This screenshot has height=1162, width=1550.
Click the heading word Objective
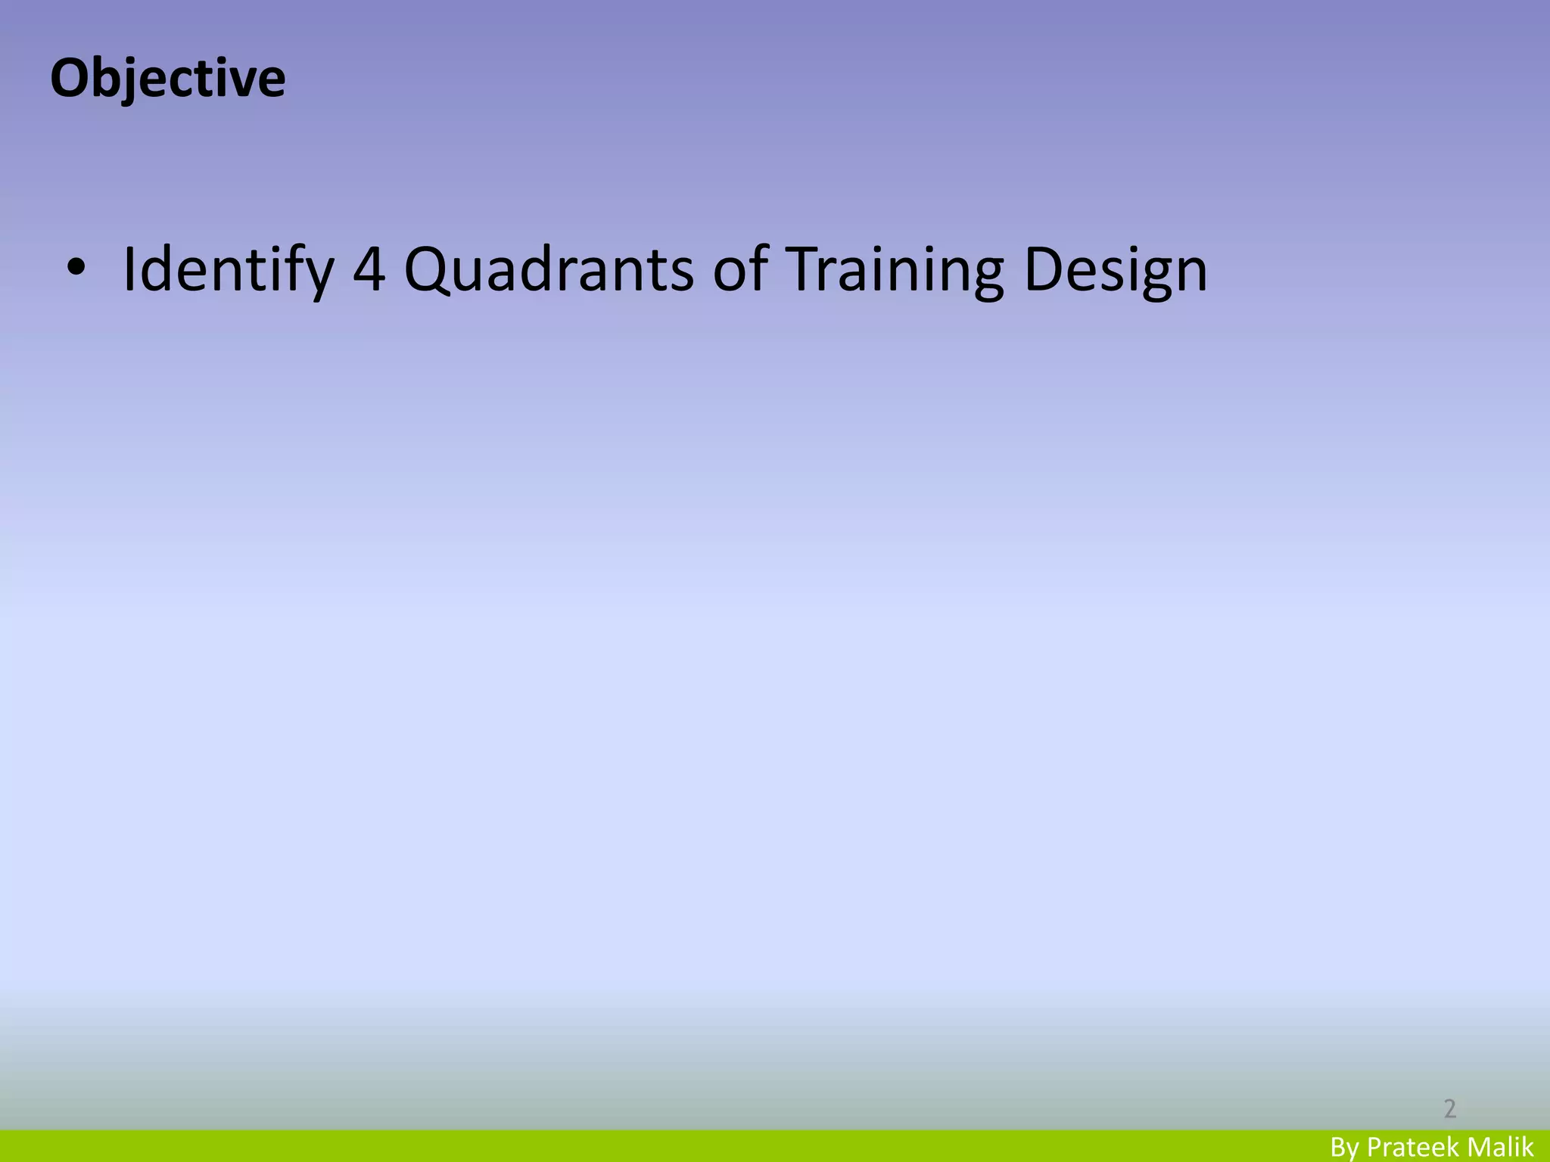click(x=167, y=79)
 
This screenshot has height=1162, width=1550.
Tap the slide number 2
click(x=1449, y=1108)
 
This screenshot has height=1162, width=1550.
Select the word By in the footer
click(x=1345, y=1147)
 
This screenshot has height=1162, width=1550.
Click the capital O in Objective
click(x=67, y=79)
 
